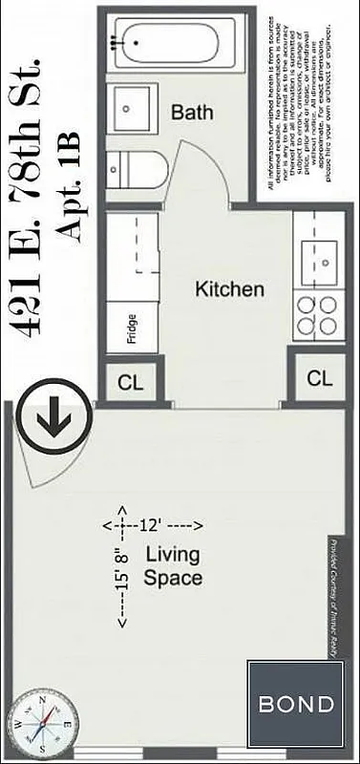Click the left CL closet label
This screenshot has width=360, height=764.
[130, 383]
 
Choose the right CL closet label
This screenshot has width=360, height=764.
[320, 378]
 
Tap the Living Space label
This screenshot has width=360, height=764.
[173, 565]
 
